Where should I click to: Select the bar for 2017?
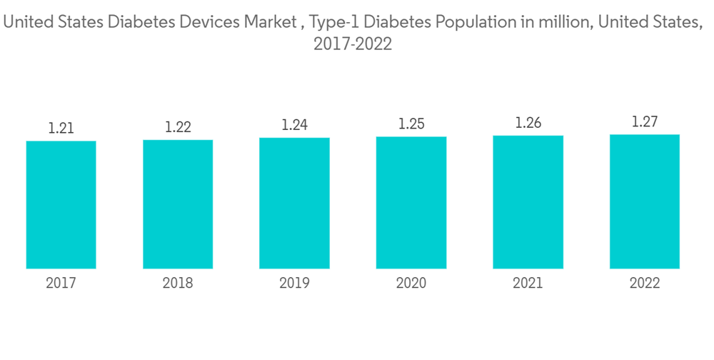click(61, 205)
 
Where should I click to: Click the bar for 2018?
click(178, 204)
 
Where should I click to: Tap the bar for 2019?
click(294, 204)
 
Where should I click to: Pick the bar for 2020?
click(411, 203)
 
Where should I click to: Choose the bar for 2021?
click(528, 202)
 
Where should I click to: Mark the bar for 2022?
click(645, 201)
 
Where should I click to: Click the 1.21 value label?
click(61, 129)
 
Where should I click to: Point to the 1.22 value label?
click(178, 127)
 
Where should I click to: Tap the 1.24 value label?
click(294, 125)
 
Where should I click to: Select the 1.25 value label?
click(411, 124)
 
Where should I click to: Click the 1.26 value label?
click(528, 123)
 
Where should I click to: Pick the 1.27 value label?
click(645, 121)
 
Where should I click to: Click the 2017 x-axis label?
click(61, 284)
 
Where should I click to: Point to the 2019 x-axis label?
click(294, 284)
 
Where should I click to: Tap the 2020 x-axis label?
click(411, 284)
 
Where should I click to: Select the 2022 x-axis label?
click(645, 284)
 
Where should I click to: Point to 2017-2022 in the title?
click(353, 44)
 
